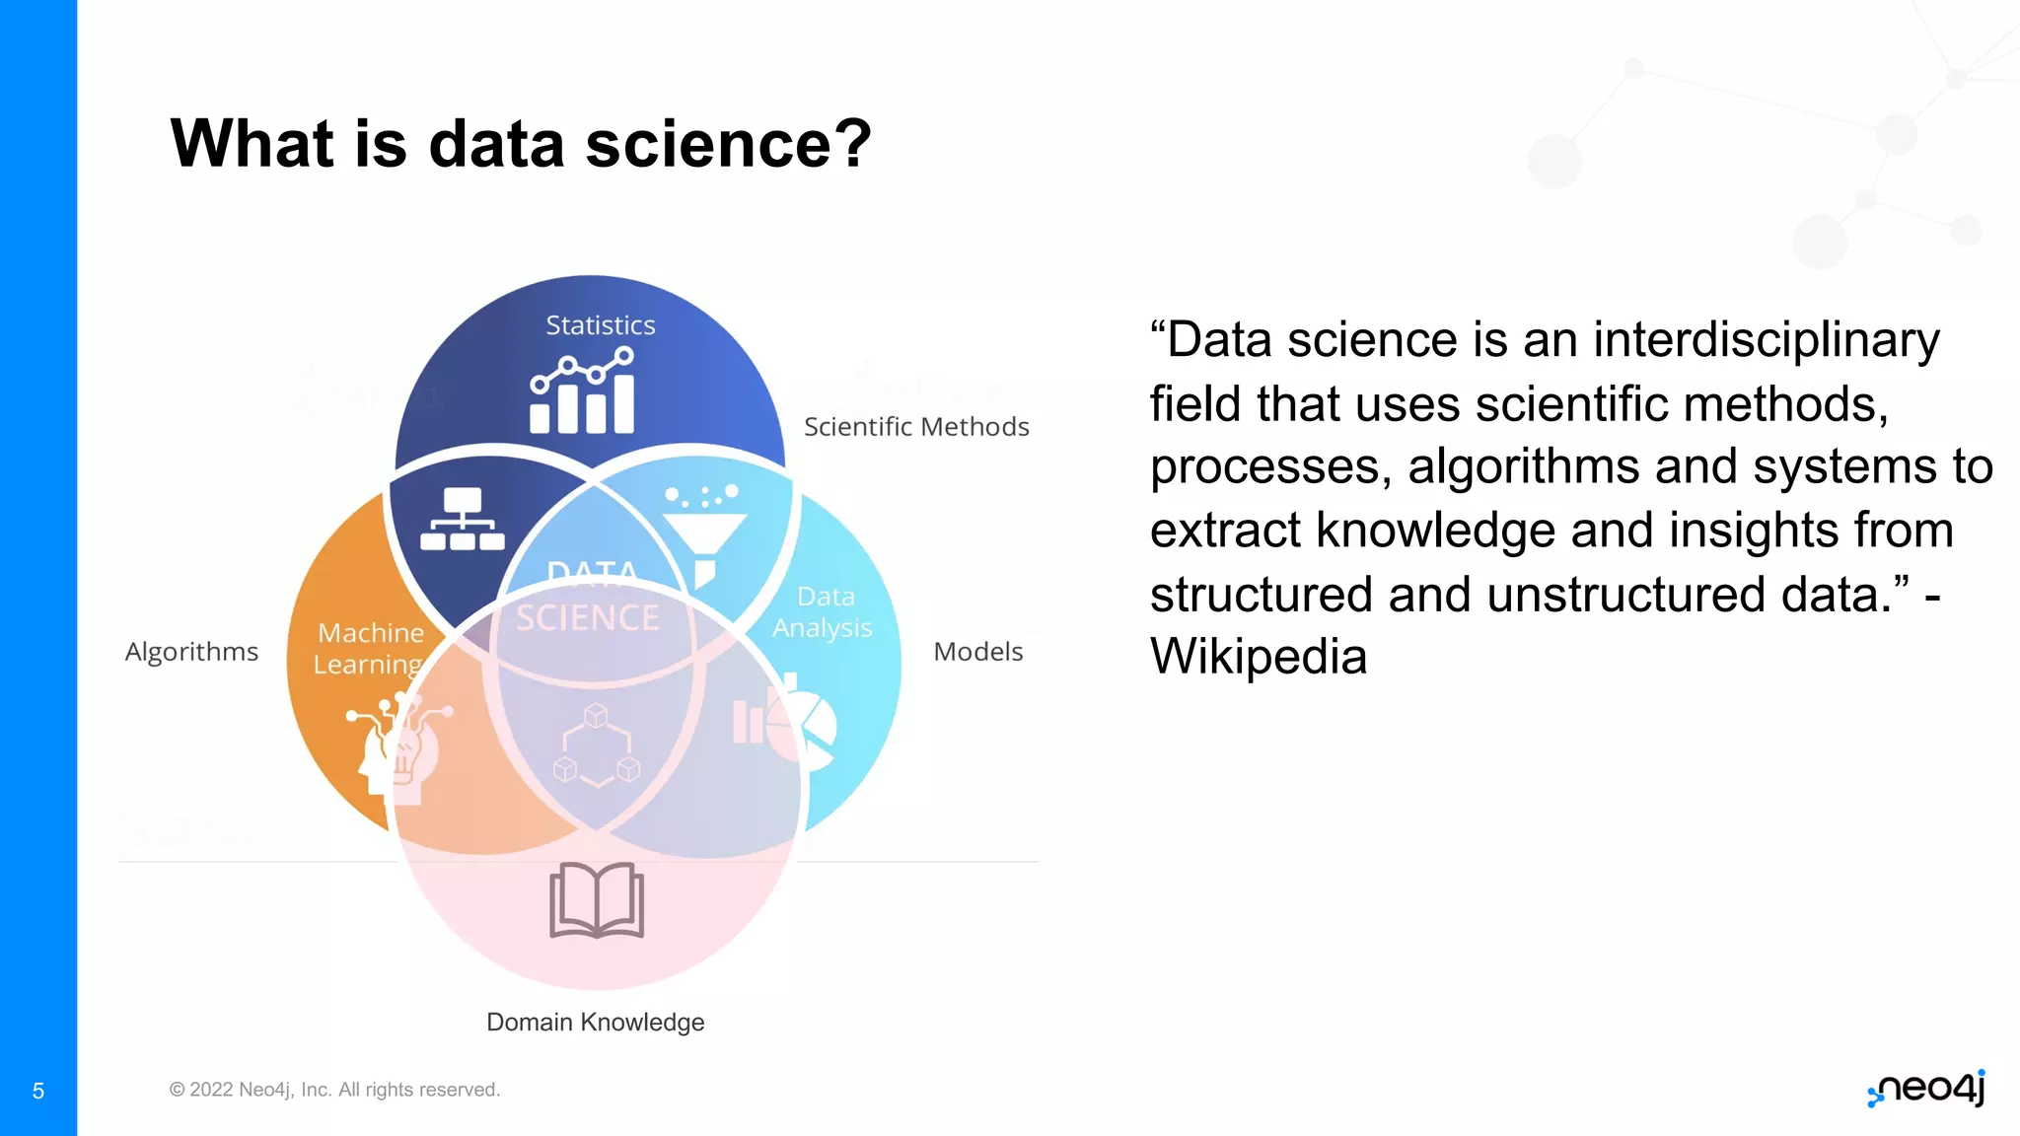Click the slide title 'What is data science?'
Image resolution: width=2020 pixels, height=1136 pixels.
pos(521,144)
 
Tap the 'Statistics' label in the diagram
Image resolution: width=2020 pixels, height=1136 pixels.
pos(601,325)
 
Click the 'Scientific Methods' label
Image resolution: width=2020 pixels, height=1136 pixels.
pos(916,427)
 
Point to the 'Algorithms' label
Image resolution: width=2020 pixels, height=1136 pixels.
pos(191,652)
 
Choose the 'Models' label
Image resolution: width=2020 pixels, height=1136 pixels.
pos(977,652)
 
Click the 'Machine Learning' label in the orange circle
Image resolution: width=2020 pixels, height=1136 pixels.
pos(370,648)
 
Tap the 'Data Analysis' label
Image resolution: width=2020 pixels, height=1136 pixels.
pos(823,612)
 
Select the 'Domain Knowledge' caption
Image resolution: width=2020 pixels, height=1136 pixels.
pos(595,1023)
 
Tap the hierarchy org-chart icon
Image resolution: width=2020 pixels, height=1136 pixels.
pos(463,519)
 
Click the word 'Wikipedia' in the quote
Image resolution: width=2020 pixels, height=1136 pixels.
pos(1259,657)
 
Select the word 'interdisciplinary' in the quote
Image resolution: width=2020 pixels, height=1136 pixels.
pos(1766,340)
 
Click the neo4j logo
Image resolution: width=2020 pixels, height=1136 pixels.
pos(1926,1089)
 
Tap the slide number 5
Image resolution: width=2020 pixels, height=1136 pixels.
pos(38,1091)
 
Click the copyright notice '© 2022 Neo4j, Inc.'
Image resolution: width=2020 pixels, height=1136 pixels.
pos(334,1090)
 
